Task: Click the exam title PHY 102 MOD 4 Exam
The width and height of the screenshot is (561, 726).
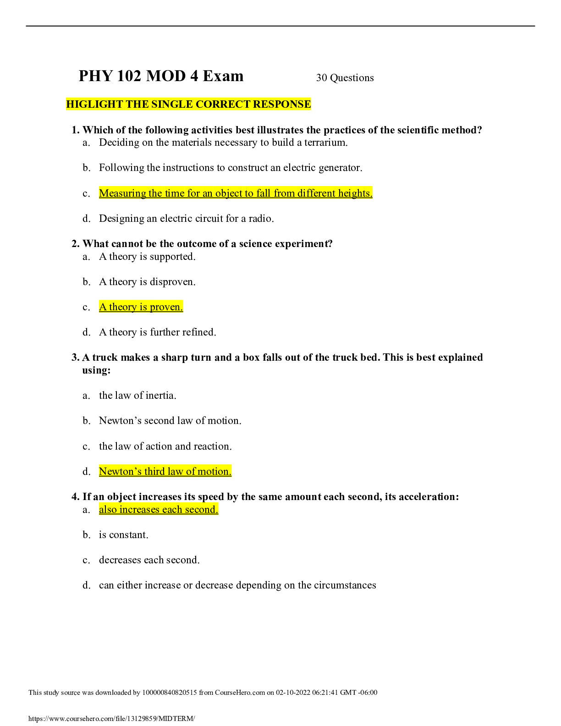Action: pos(161,76)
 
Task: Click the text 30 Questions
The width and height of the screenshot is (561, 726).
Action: pos(345,78)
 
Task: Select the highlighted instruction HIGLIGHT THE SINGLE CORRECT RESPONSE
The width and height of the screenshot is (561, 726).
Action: pos(188,104)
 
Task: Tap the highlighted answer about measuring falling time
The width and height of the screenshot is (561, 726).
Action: pos(236,193)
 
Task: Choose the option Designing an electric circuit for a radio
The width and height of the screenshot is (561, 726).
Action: pos(186,219)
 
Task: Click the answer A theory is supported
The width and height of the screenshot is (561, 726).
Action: pos(147,257)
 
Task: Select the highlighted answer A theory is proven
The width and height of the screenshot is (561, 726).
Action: pos(141,307)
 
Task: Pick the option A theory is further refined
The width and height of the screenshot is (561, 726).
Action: pos(157,332)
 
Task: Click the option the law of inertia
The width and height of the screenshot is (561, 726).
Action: pos(137,396)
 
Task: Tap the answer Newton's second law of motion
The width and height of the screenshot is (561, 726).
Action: pos(170,421)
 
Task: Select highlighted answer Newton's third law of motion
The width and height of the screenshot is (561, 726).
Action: pos(165,472)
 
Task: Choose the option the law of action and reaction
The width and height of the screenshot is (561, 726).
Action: pos(165,446)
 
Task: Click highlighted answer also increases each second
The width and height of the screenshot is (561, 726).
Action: pos(159,510)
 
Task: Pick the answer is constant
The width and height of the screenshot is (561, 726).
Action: pos(123,535)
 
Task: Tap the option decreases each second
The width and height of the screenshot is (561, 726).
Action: pos(149,560)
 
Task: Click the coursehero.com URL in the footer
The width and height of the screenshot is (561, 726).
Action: pos(111,719)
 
